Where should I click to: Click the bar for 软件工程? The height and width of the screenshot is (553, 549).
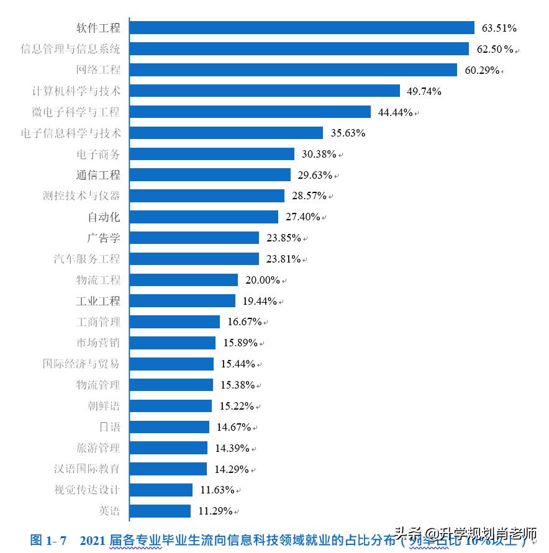[x=302, y=28]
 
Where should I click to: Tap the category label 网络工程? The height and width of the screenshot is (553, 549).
[x=98, y=70]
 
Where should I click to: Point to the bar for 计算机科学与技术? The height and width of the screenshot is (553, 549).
[x=265, y=91]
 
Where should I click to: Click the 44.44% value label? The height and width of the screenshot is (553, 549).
[x=396, y=112]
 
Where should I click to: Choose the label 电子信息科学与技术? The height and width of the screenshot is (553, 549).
[x=71, y=133]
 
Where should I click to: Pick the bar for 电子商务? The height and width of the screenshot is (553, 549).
[x=212, y=154]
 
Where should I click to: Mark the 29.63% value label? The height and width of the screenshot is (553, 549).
[x=315, y=175]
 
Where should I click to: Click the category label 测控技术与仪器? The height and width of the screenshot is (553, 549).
[x=81, y=196]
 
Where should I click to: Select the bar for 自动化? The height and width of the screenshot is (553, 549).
[x=204, y=217]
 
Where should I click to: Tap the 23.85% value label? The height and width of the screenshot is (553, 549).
[x=284, y=238]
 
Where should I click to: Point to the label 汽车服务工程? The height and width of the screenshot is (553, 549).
[x=87, y=259]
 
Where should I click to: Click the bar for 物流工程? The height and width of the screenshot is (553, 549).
[x=184, y=280]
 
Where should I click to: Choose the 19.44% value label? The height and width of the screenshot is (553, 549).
[x=260, y=301]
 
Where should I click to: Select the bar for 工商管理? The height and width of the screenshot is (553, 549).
[x=175, y=322]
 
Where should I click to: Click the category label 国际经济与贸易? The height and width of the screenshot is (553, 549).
[x=81, y=364]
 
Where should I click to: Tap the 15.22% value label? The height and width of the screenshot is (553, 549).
[x=237, y=406]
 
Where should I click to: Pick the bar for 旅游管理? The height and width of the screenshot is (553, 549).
[x=168, y=448]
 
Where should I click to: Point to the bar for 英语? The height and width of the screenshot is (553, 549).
[x=160, y=511]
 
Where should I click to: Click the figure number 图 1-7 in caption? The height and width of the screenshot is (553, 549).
[x=48, y=540]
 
